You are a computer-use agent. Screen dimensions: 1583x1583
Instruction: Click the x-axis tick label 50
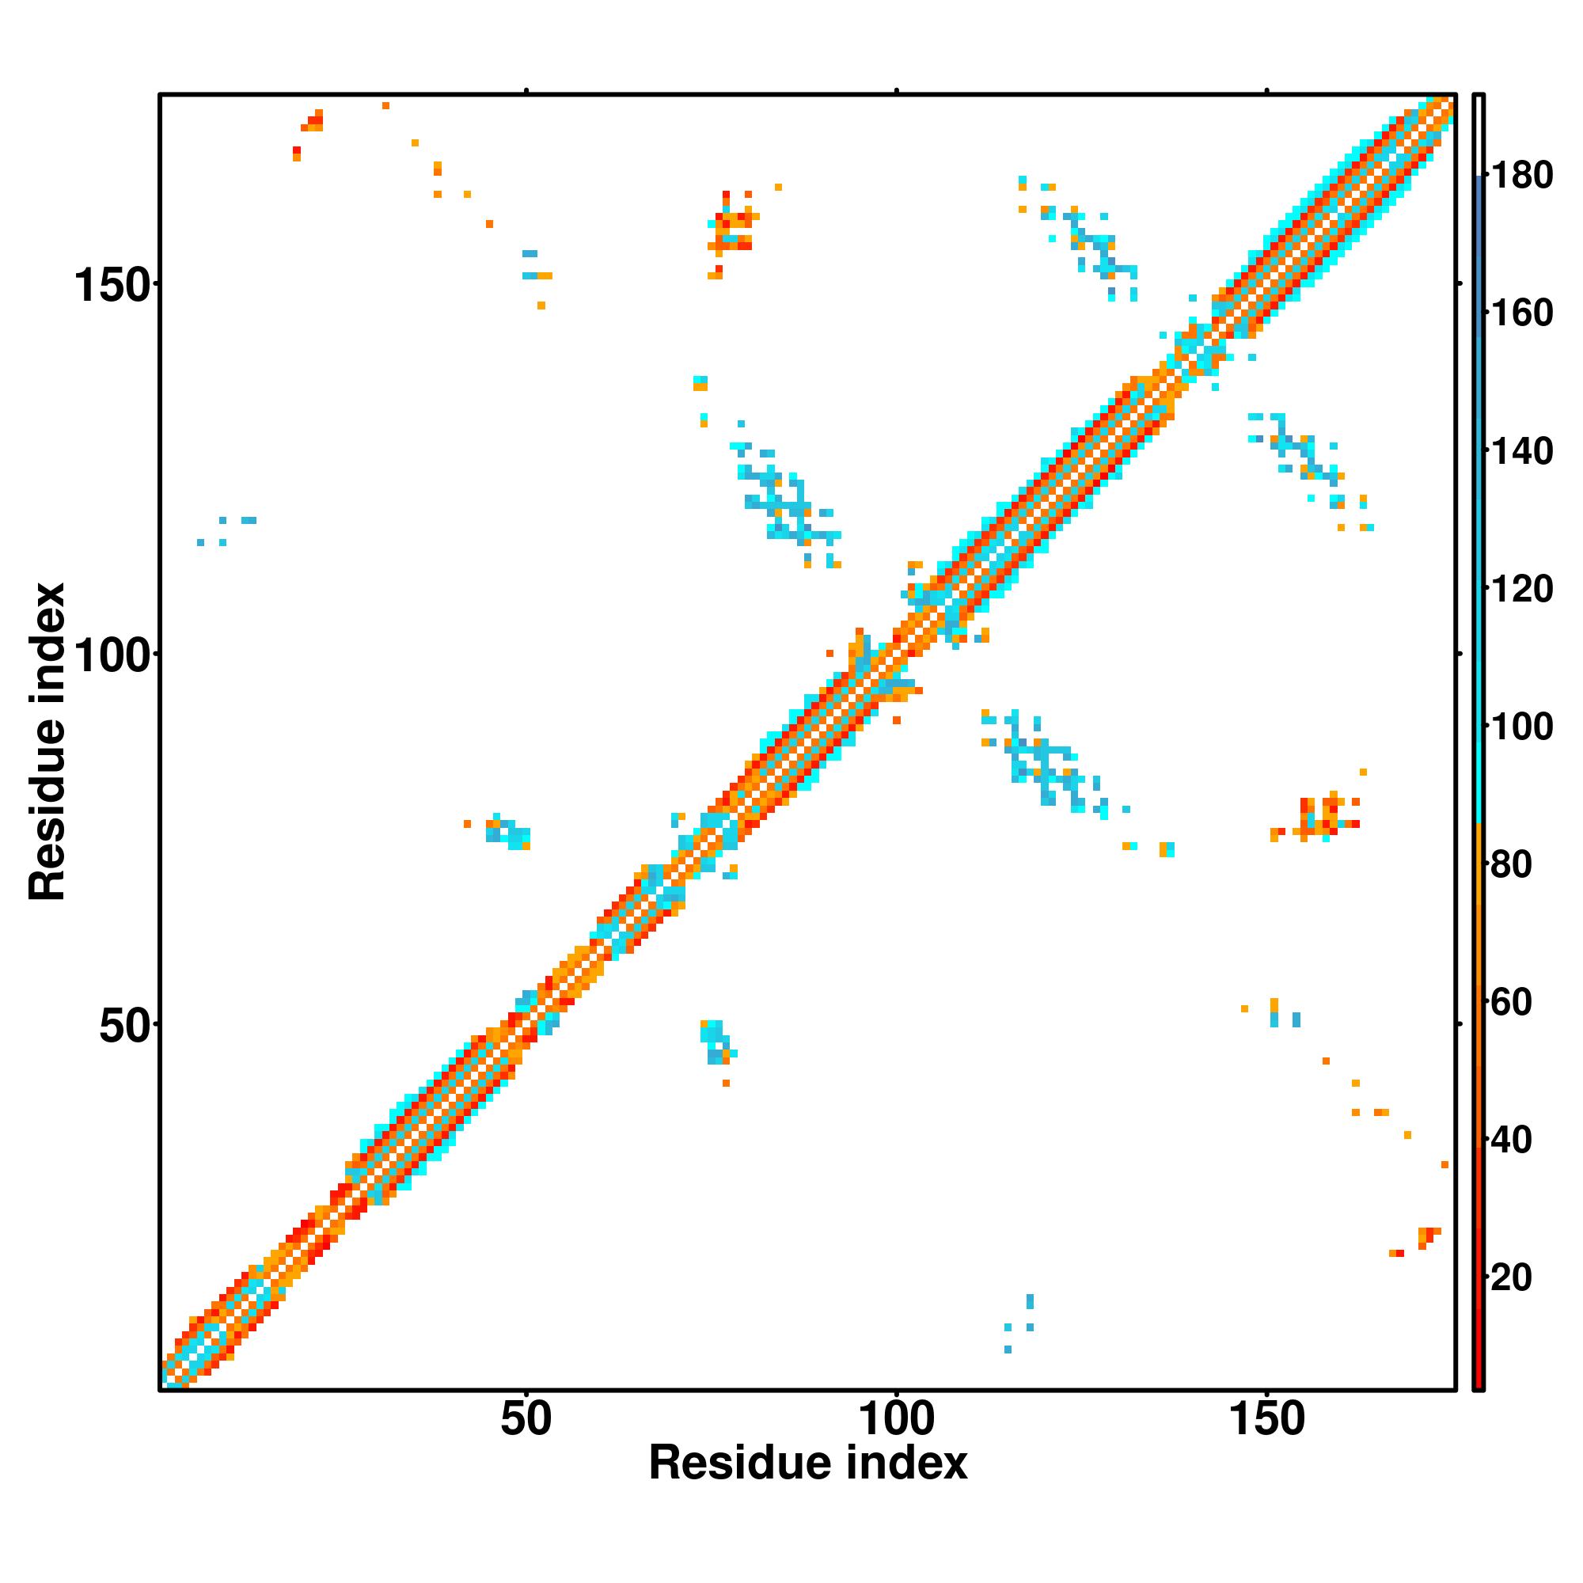(x=526, y=1420)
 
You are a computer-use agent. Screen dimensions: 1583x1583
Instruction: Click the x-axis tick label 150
(x=1266, y=1420)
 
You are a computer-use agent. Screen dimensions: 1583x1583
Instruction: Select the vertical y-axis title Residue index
(x=47, y=742)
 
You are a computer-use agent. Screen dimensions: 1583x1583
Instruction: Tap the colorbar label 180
(x=1520, y=176)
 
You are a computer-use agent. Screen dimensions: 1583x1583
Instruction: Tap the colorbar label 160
(x=1520, y=313)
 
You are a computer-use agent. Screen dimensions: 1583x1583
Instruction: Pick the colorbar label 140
(x=1520, y=450)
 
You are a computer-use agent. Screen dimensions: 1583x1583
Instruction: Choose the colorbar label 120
(x=1520, y=588)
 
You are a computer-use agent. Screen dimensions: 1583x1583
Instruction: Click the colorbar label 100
(x=1520, y=726)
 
